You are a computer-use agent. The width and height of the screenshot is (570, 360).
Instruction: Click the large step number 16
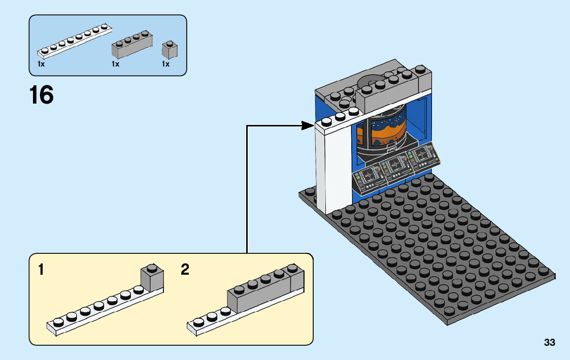(42, 95)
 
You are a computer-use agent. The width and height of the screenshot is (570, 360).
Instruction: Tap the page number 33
(549, 343)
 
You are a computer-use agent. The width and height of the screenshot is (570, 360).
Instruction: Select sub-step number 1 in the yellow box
(41, 270)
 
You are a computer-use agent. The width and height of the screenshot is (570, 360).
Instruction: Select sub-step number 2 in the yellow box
(185, 270)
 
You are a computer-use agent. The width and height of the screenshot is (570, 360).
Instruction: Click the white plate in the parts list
(74, 41)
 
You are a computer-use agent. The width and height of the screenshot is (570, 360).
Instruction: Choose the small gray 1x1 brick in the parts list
(169, 50)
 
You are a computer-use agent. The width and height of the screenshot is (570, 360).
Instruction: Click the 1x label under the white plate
(41, 64)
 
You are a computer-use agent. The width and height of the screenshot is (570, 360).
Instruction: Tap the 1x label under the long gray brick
(115, 64)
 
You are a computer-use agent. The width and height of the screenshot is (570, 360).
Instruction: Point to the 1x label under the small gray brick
(165, 64)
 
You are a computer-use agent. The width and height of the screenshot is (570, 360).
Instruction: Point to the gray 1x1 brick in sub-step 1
(151, 278)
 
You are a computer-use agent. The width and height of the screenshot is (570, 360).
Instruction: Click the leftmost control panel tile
(368, 178)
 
